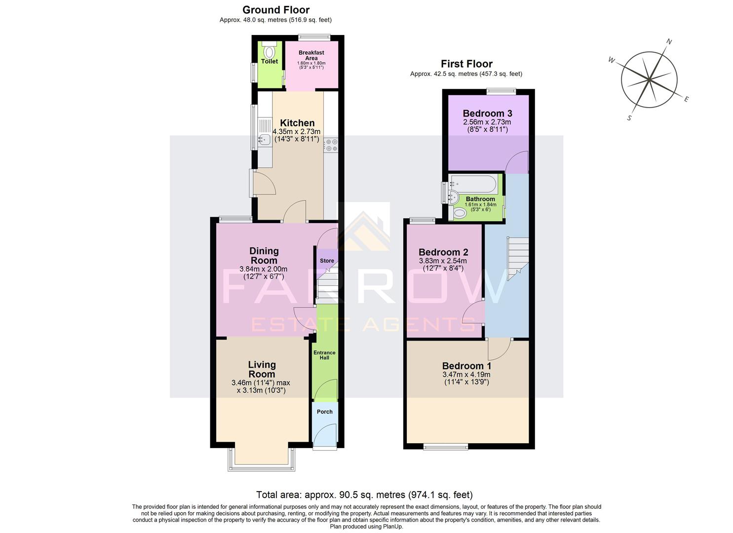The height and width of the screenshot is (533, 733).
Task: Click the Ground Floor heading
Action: [276, 10]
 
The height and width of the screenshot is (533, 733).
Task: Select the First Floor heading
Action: [466, 64]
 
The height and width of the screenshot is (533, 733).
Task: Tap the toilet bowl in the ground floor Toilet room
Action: [270, 51]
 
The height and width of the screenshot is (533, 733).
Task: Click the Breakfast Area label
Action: [311, 55]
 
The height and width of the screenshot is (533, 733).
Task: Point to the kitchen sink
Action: [264, 140]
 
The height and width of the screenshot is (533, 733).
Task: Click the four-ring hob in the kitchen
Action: [331, 145]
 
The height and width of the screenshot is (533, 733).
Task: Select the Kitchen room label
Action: [297, 123]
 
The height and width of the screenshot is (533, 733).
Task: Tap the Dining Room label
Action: [264, 256]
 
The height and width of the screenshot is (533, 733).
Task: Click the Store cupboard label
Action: [327, 261]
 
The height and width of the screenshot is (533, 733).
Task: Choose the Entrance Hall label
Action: [324, 355]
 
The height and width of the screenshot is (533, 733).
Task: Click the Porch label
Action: [324, 412]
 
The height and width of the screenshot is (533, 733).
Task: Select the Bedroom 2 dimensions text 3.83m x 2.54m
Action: [443, 261]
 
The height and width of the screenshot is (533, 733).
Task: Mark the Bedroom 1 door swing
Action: [499, 349]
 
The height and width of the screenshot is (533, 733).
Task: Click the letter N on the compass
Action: [669, 42]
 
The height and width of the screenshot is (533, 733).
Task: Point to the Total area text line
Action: [364, 495]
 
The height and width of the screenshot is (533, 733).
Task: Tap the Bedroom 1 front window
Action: [446, 447]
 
